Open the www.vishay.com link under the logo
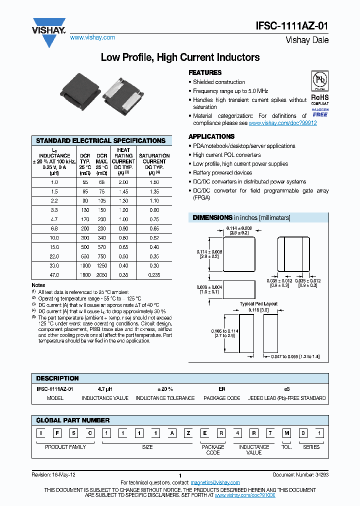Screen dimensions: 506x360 pyautogui.click(x=92, y=37)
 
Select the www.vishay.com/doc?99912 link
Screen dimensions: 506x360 pyautogui.click(x=282, y=123)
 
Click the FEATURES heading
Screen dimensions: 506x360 pyautogui.click(x=205, y=73)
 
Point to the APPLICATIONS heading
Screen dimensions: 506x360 pyautogui.click(x=211, y=136)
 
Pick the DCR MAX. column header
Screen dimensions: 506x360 pyautogui.click(x=102, y=164)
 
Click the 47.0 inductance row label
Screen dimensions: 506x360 pyautogui.click(x=54, y=275)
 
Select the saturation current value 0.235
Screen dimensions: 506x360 pyautogui.click(x=154, y=275)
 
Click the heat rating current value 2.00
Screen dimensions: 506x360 pyautogui.click(x=123, y=182)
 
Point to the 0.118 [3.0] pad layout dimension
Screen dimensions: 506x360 pyautogui.click(x=258, y=310)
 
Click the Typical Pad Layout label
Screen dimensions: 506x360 pyautogui.click(x=258, y=304)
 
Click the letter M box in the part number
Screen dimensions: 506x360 pyautogui.click(x=286, y=433)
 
